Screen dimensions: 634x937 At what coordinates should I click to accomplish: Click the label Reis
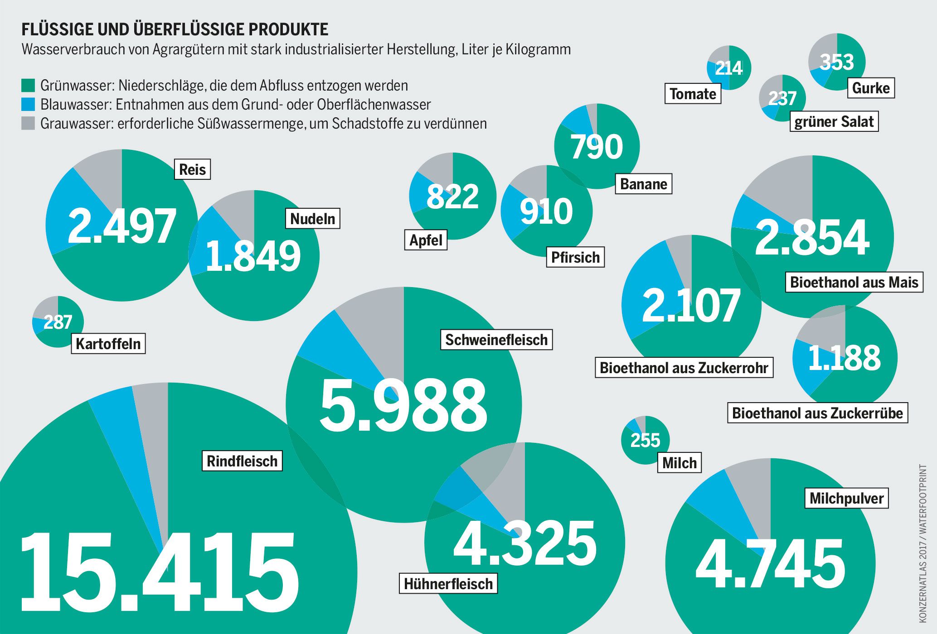pos(193,169)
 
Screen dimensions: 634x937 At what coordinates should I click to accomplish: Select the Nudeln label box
pos(312,219)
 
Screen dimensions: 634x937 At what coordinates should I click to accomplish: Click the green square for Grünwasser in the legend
pos(28,86)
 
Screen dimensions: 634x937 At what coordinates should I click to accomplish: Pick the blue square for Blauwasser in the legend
pos(28,105)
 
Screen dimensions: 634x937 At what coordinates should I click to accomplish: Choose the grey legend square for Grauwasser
pos(28,124)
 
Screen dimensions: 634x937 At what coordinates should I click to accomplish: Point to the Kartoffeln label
pos(108,344)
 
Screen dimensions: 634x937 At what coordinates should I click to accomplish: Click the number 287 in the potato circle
pos(58,322)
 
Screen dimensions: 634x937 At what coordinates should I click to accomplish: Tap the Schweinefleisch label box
pos(496,340)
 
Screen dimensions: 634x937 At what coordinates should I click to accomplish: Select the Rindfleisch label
pos(242,461)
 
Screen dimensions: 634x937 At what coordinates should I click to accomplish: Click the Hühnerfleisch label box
pos(448,584)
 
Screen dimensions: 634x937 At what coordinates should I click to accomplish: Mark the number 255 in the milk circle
pos(645,440)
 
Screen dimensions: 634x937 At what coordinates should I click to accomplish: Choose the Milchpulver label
pos(846,498)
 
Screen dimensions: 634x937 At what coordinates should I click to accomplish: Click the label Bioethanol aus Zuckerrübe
pos(817,413)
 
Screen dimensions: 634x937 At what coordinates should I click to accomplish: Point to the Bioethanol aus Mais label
pos(854,282)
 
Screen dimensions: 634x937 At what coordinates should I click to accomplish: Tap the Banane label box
pos(643,184)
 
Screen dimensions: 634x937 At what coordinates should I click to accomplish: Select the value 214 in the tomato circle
pos(729,68)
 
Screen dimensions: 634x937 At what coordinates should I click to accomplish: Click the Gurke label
pos(871,88)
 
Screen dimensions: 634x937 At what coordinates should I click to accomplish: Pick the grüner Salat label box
pos(834,122)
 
